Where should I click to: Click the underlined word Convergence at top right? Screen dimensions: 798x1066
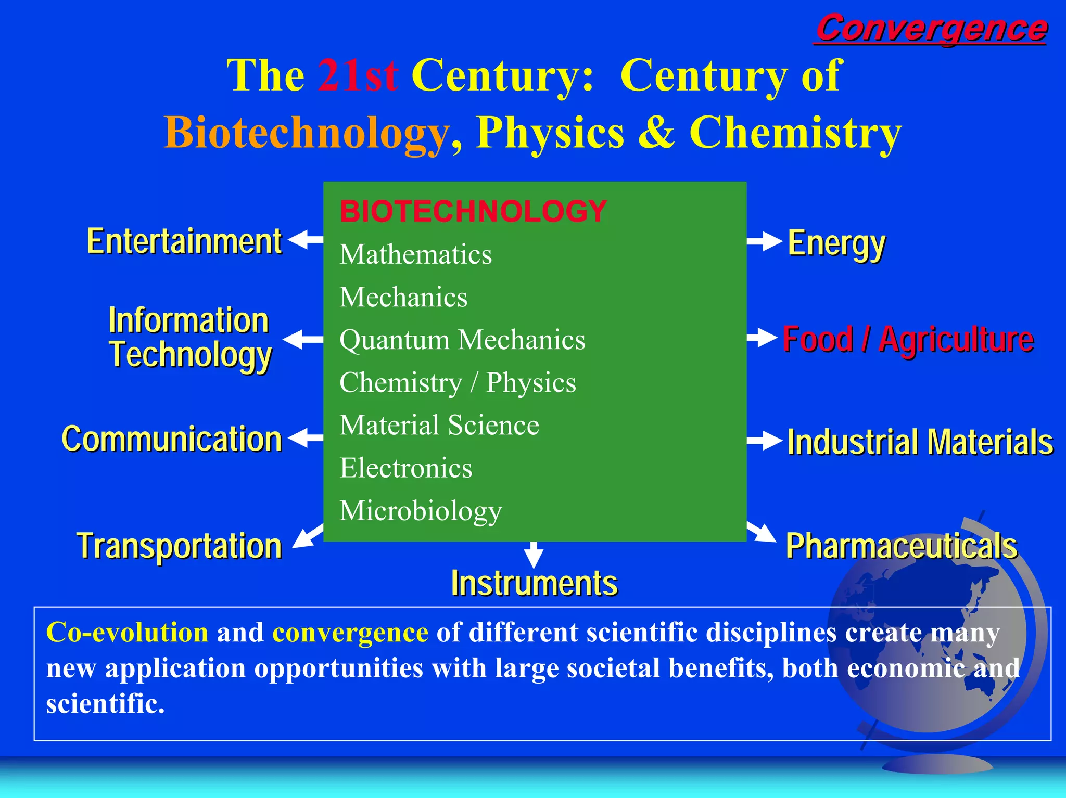click(x=931, y=29)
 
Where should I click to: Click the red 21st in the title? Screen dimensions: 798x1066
click(x=358, y=75)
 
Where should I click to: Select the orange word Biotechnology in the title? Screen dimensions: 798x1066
click(x=307, y=133)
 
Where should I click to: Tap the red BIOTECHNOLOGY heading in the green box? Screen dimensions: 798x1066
click(x=473, y=211)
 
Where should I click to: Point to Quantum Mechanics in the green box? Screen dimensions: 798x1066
click(x=462, y=340)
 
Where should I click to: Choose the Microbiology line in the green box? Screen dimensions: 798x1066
click(x=421, y=511)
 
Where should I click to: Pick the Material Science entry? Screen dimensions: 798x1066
click(x=439, y=425)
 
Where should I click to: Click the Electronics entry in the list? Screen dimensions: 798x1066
click(x=406, y=468)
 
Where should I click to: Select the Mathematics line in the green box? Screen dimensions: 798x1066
click(x=415, y=254)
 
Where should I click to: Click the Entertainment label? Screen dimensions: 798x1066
click(x=184, y=241)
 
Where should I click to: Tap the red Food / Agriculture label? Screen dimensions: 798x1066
click(x=908, y=339)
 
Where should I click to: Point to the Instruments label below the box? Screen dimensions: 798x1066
click(x=534, y=583)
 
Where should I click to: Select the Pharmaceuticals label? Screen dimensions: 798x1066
click(x=901, y=546)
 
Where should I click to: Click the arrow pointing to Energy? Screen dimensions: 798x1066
click(x=764, y=241)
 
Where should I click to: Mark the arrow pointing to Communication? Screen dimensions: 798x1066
click(x=306, y=437)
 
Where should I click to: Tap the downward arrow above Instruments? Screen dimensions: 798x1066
click(x=534, y=555)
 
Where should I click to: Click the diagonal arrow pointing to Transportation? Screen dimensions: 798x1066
click(x=308, y=536)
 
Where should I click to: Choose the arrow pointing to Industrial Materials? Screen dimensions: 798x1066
click(x=764, y=441)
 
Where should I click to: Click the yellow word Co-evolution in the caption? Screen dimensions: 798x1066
click(x=127, y=633)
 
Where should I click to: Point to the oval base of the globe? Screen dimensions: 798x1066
click(x=937, y=764)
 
